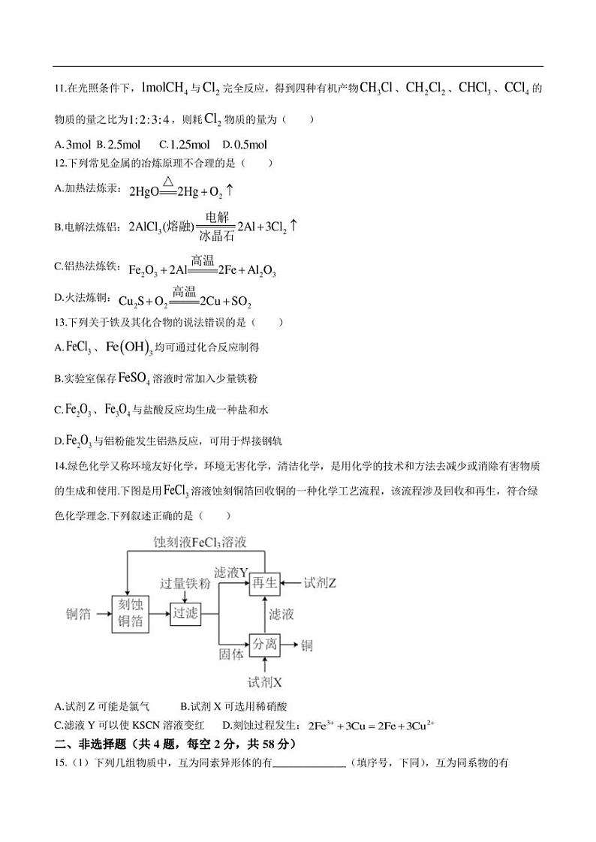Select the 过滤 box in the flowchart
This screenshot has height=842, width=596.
tap(185, 613)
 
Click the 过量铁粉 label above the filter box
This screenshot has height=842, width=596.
tap(185, 584)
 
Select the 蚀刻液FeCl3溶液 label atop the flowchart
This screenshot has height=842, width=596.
tap(200, 541)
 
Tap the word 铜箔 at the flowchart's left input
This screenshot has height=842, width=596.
tap(79, 614)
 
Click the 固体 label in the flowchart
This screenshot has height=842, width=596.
tap(232, 654)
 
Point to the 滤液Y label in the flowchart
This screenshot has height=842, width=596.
tap(231, 573)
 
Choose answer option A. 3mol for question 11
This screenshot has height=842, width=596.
tap(73, 145)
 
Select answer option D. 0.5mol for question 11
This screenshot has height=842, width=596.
tap(245, 145)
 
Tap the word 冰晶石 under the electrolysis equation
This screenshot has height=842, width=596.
tap(215, 236)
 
